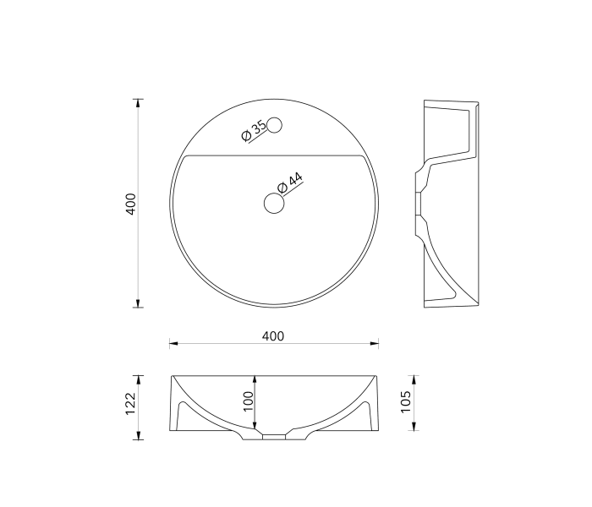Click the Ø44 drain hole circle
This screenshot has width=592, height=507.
274,203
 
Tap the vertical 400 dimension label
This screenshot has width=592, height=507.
130,204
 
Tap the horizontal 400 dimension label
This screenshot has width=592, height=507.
273,335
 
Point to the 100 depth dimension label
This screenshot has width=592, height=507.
249,401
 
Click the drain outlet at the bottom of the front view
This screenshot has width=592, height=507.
274,438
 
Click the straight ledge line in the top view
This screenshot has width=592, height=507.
274,155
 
